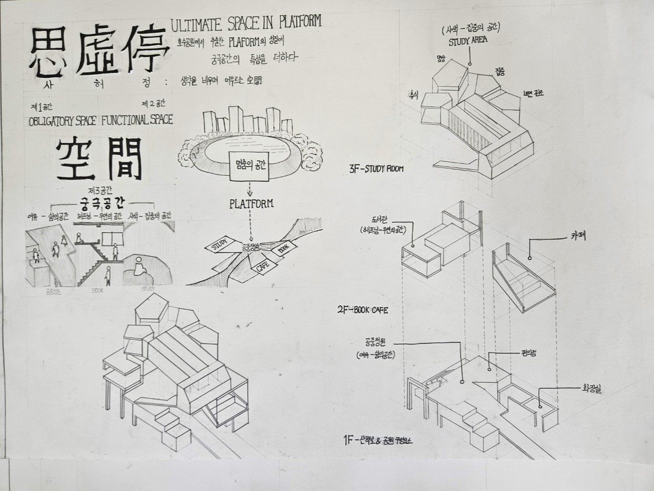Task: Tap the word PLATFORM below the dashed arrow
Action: [251, 204]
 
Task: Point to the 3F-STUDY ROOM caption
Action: [376, 169]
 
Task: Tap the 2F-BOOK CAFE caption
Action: [362, 310]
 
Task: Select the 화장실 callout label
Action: [592, 389]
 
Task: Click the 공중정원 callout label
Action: [376, 342]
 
